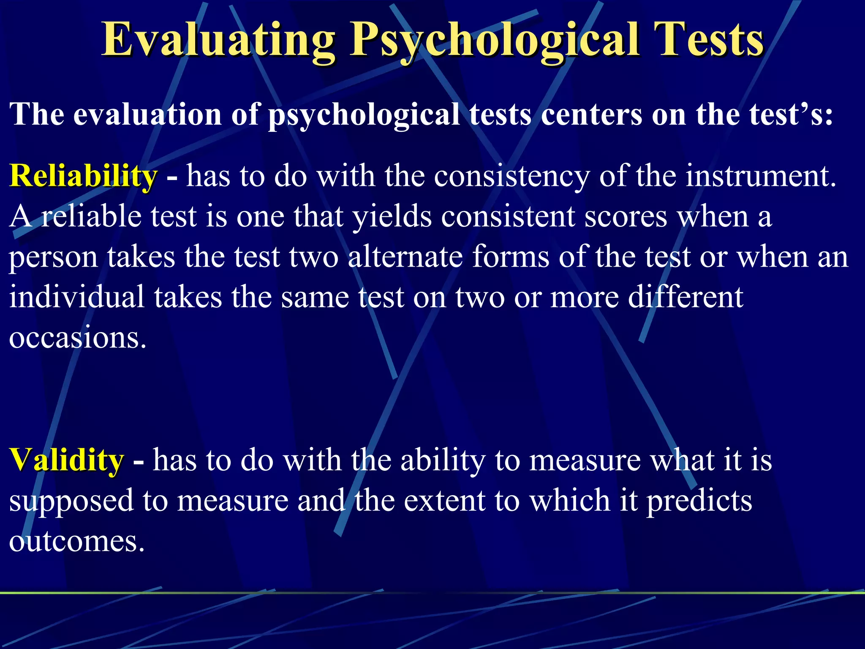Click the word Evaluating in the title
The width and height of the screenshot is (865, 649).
coord(218,40)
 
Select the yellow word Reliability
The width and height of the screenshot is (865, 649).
coord(83,176)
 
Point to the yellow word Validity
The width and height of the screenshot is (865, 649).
coord(66,460)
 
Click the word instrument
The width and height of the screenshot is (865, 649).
coord(760,176)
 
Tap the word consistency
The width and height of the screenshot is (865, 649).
coord(511,176)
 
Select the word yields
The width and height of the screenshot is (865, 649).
coord(392,216)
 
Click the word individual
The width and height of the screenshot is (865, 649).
coord(76,297)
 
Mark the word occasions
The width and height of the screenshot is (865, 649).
coord(78,338)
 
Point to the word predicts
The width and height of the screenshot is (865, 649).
coord(699,501)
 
